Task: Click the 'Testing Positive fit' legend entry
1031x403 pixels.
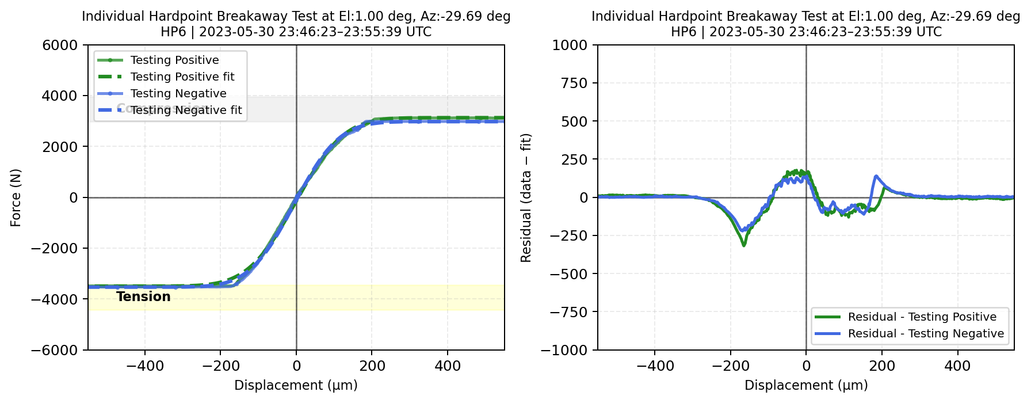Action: (182, 77)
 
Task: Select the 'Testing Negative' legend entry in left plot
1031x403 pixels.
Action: (178, 93)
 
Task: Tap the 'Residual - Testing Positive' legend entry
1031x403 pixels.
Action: (922, 317)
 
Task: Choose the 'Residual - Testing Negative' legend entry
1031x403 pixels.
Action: (926, 333)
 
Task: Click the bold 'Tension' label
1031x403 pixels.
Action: (143, 296)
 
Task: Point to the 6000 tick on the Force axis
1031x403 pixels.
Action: (60, 45)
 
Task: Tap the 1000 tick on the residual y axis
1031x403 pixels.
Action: (570, 45)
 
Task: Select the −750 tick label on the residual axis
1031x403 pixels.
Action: (569, 311)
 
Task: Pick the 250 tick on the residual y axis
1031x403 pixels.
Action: (576, 159)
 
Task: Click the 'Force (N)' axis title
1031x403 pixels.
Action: (16, 197)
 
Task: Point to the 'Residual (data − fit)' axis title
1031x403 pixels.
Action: (526, 197)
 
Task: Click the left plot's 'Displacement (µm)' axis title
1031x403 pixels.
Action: (296, 385)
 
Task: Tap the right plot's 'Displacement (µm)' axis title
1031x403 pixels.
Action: (806, 385)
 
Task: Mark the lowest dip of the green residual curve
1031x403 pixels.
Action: (744, 245)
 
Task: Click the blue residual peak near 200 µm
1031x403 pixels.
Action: (876, 176)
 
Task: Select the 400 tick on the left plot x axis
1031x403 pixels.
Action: (448, 366)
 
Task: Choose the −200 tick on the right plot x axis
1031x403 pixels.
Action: (730, 366)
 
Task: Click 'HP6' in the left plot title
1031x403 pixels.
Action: (173, 32)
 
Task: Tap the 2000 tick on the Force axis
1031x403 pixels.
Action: (60, 147)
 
